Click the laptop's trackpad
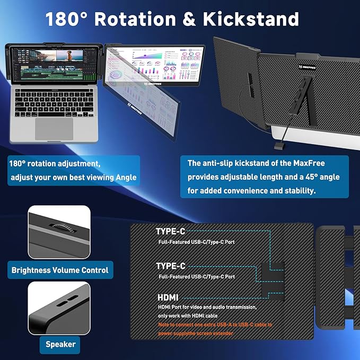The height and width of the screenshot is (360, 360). [54, 128]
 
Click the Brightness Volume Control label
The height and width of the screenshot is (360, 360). [60, 270]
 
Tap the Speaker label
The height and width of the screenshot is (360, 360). [60, 344]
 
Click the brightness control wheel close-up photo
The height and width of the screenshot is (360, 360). [59, 232]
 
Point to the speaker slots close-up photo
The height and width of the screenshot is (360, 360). [58, 306]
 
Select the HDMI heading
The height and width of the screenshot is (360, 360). [168, 298]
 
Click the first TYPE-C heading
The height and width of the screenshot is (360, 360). [170, 232]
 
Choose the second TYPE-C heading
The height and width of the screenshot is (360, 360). [170, 266]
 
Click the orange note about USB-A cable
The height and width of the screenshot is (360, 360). [215, 329]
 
